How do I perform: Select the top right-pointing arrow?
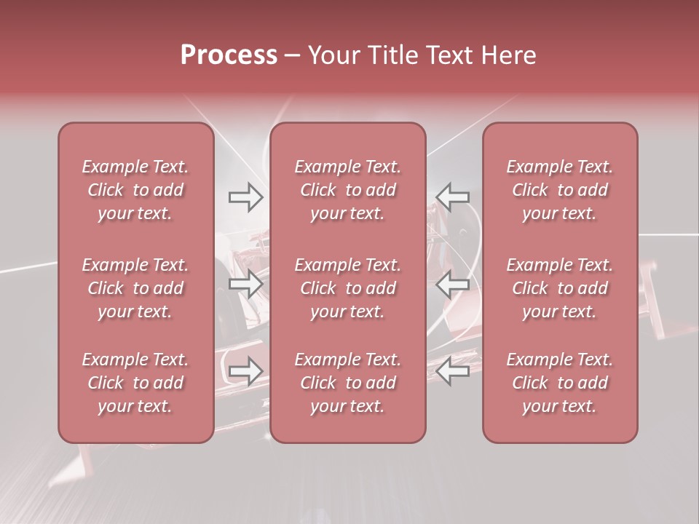[245, 196]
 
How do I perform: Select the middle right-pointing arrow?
[245, 283]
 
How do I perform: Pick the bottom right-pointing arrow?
[245, 371]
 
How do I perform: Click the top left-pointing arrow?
[453, 196]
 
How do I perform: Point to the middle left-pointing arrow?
[453, 283]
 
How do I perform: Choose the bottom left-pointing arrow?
[453, 371]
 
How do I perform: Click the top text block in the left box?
[135, 190]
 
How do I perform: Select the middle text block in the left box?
[135, 288]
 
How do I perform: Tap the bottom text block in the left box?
[135, 383]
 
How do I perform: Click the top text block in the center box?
[348, 190]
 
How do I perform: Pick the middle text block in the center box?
[348, 288]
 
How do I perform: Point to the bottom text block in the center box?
[348, 383]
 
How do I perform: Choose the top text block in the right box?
[560, 190]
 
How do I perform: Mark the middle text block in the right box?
[560, 288]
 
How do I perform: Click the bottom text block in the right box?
[560, 383]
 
